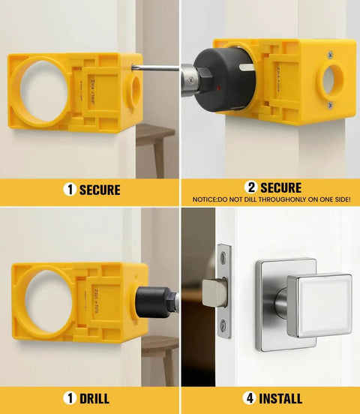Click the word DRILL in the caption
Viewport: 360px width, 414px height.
[94, 398]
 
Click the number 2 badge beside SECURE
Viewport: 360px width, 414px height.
[251, 187]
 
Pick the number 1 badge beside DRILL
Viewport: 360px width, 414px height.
[70, 398]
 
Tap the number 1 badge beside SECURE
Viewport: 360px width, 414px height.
[70, 190]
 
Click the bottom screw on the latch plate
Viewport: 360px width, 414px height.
[223, 325]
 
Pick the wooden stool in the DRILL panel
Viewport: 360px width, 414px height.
[159, 352]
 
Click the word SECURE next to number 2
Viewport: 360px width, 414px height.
[280, 187]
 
